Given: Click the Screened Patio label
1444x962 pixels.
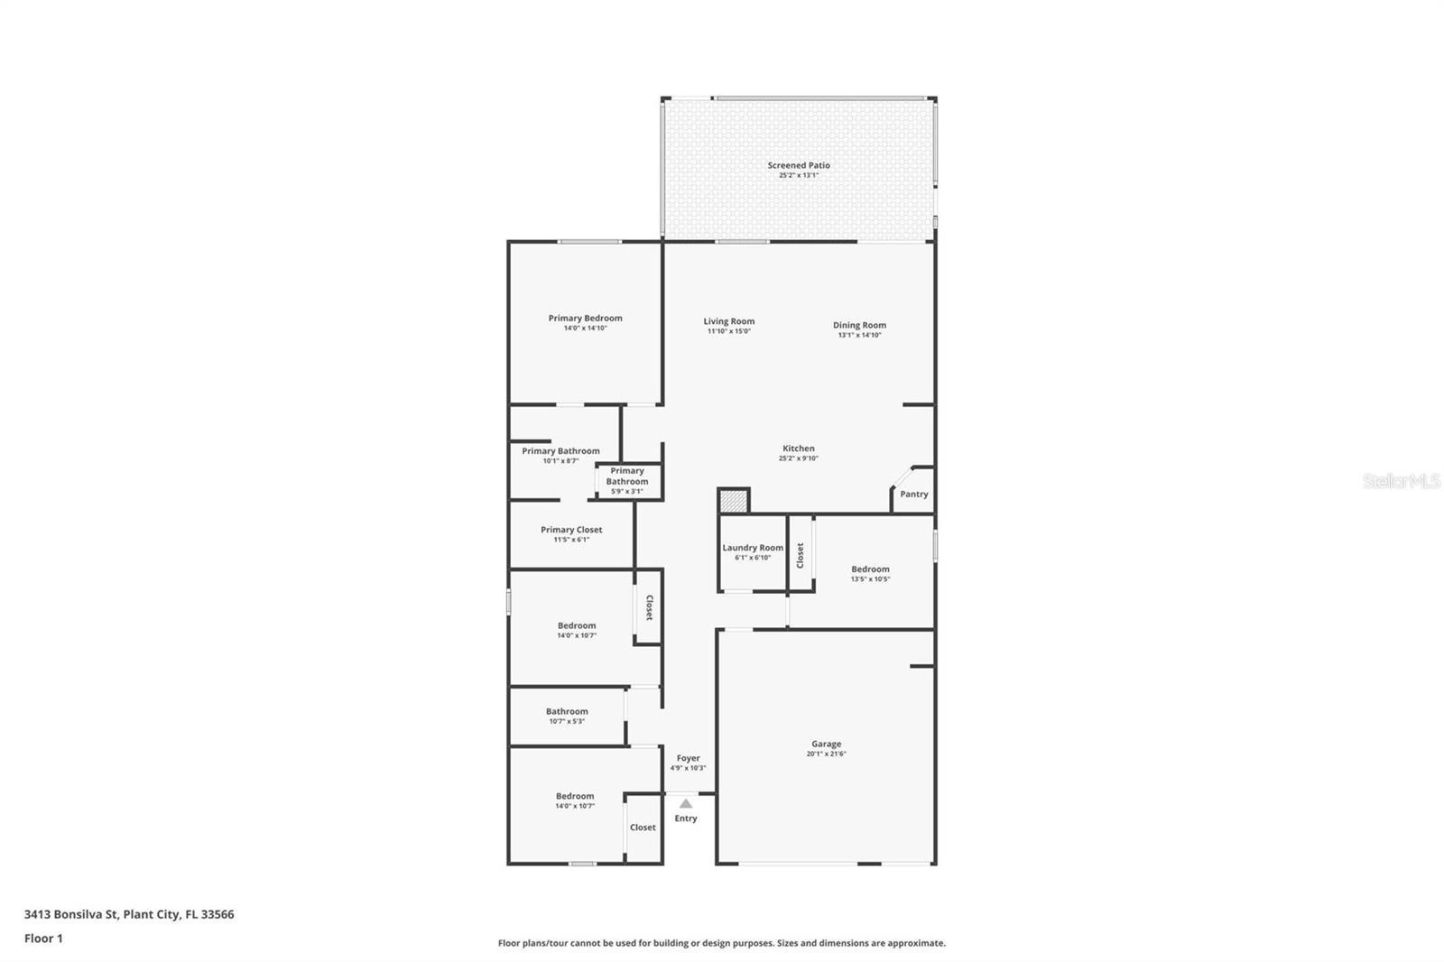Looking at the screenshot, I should coord(799,165).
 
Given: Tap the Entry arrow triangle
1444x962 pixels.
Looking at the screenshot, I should coord(686,803).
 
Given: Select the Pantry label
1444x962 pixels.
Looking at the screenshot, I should coord(913,494).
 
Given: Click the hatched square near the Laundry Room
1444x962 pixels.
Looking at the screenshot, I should coord(734,501).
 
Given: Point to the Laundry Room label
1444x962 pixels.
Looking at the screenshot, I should coord(753,548).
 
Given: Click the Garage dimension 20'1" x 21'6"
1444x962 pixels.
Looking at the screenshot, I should coord(826,754).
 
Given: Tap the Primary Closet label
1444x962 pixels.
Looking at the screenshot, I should coord(571,530).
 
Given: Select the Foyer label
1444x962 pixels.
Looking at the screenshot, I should coord(688,758).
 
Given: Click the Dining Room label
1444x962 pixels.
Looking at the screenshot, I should coord(859,325).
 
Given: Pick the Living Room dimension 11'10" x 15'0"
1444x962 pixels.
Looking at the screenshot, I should coord(728,331).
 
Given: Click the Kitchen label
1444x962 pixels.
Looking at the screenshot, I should coord(798,449).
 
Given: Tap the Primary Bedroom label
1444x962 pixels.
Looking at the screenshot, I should coord(585,318).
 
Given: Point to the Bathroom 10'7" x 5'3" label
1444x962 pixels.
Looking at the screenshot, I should coord(567,711).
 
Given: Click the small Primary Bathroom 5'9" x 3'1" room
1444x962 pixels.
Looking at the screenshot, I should coord(627,481).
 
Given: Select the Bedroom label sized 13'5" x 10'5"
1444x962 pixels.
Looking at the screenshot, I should coord(870,569).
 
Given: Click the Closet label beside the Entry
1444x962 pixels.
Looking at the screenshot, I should coord(643,827).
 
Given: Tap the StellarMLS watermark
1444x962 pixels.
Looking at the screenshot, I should coord(1401,481).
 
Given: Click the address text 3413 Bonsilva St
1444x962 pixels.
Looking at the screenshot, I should coord(128,914).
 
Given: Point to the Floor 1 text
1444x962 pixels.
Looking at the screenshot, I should coord(43,939).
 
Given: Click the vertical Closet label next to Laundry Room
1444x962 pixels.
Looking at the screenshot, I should coord(800,555).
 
